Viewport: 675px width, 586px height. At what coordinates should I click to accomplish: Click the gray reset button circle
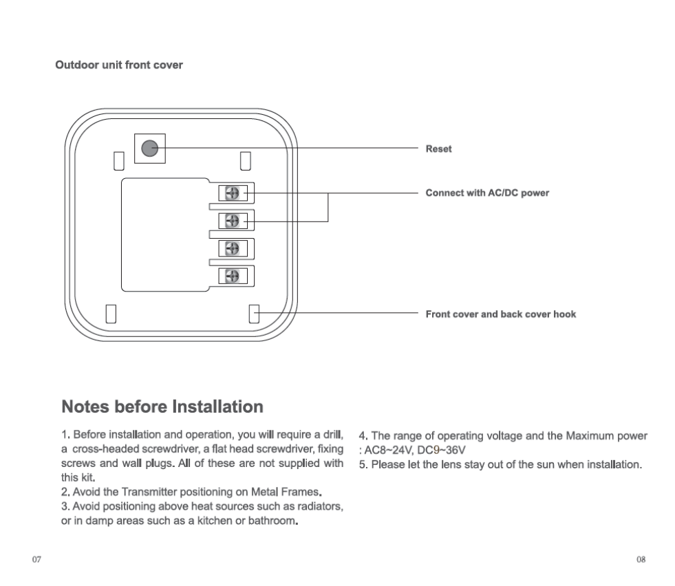point(149,148)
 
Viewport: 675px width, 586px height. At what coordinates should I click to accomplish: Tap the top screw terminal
point(233,194)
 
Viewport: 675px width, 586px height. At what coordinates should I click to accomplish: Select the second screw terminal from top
point(233,221)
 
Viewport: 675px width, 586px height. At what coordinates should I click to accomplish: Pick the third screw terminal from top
point(233,248)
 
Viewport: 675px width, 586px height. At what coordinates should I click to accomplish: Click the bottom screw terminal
point(233,275)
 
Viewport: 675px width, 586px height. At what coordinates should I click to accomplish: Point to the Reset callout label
point(438,149)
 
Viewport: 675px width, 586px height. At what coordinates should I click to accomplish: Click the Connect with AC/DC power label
point(487,193)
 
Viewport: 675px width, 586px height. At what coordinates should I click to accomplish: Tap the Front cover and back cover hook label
point(500,314)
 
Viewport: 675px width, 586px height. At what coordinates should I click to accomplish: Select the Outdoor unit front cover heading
point(118,65)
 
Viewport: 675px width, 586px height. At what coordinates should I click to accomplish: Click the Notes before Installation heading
point(162,406)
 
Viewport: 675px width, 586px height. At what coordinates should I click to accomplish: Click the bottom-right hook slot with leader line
point(253,314)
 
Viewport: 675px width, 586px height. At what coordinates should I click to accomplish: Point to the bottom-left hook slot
point(110,314)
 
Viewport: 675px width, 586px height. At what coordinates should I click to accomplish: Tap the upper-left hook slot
point(118,160)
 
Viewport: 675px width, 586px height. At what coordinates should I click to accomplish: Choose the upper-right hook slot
point(244,160)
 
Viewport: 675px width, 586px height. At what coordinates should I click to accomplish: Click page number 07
point(37,559)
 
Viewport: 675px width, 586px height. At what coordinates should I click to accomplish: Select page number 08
point(641,559)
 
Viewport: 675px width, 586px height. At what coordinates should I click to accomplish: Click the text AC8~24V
point(388,451)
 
